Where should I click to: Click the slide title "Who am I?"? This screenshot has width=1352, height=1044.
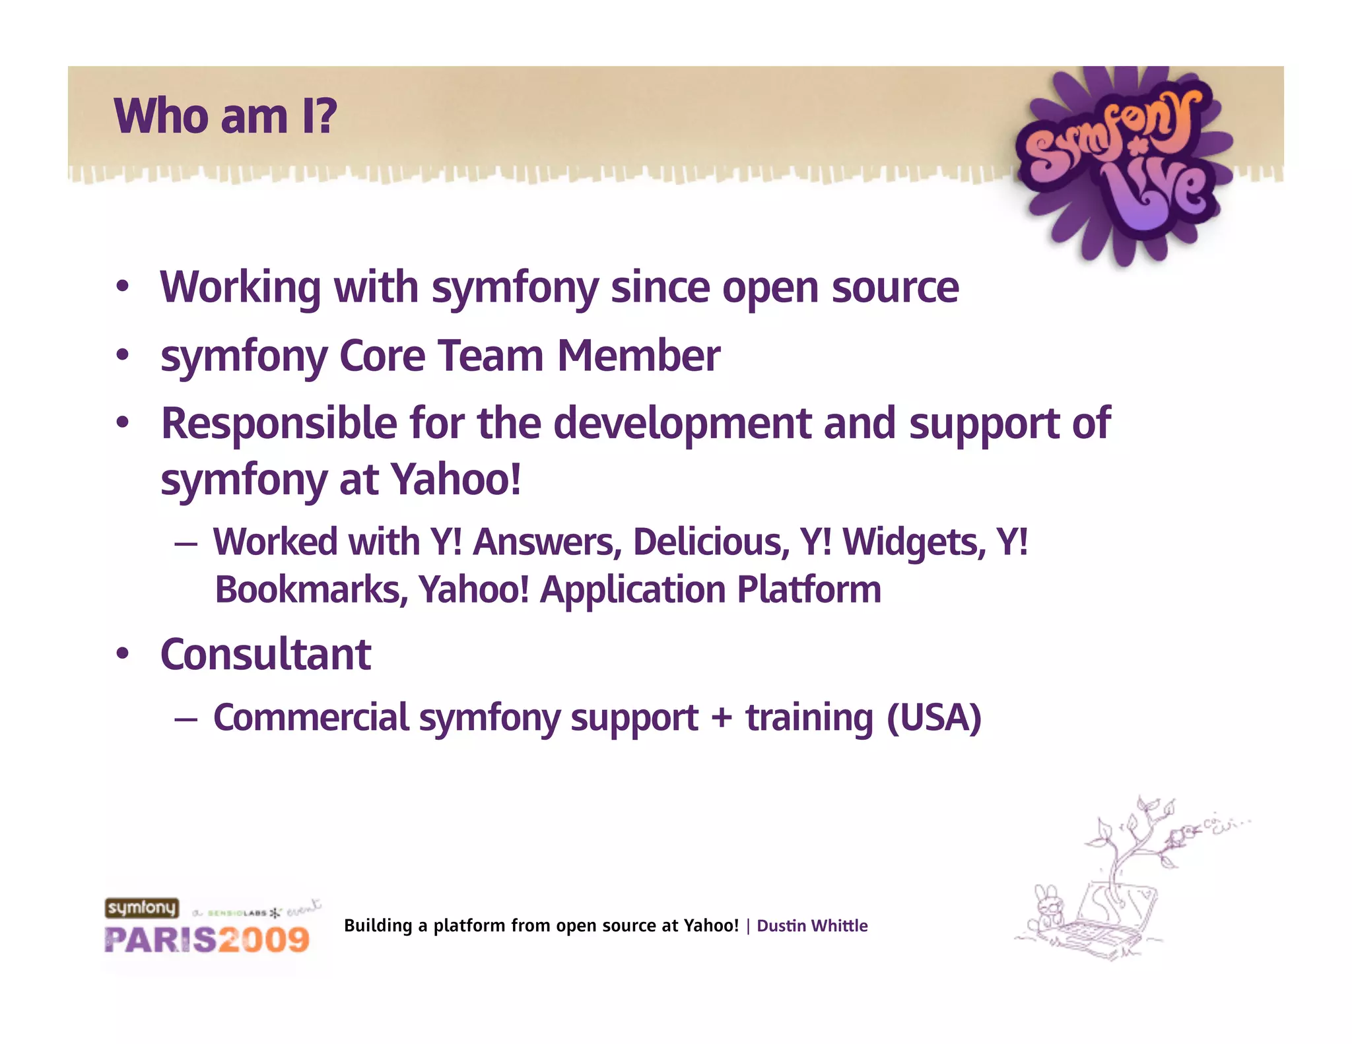click(x=225, y=116)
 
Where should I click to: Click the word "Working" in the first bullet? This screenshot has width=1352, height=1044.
click(x=240, y=288)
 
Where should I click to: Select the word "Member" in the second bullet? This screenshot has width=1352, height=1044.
click(x=638, y=356)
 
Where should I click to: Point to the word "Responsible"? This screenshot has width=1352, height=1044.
click(x=279, y=424)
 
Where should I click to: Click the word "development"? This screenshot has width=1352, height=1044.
click(x=682, y=424)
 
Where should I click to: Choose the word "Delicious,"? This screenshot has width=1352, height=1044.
click(x=711, y=542)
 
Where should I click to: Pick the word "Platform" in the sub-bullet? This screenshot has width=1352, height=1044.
click(x=809, y=590)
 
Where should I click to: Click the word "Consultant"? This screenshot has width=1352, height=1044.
click(x=265, y=655)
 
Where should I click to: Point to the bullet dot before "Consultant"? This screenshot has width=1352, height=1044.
click(x=122, y=655)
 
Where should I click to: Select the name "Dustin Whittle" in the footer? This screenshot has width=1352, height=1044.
click(x=812, y=926)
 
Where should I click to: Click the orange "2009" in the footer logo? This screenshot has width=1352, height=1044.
click(x=264, y=940)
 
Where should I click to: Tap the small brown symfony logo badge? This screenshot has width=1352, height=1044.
click(x=142, y=908)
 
